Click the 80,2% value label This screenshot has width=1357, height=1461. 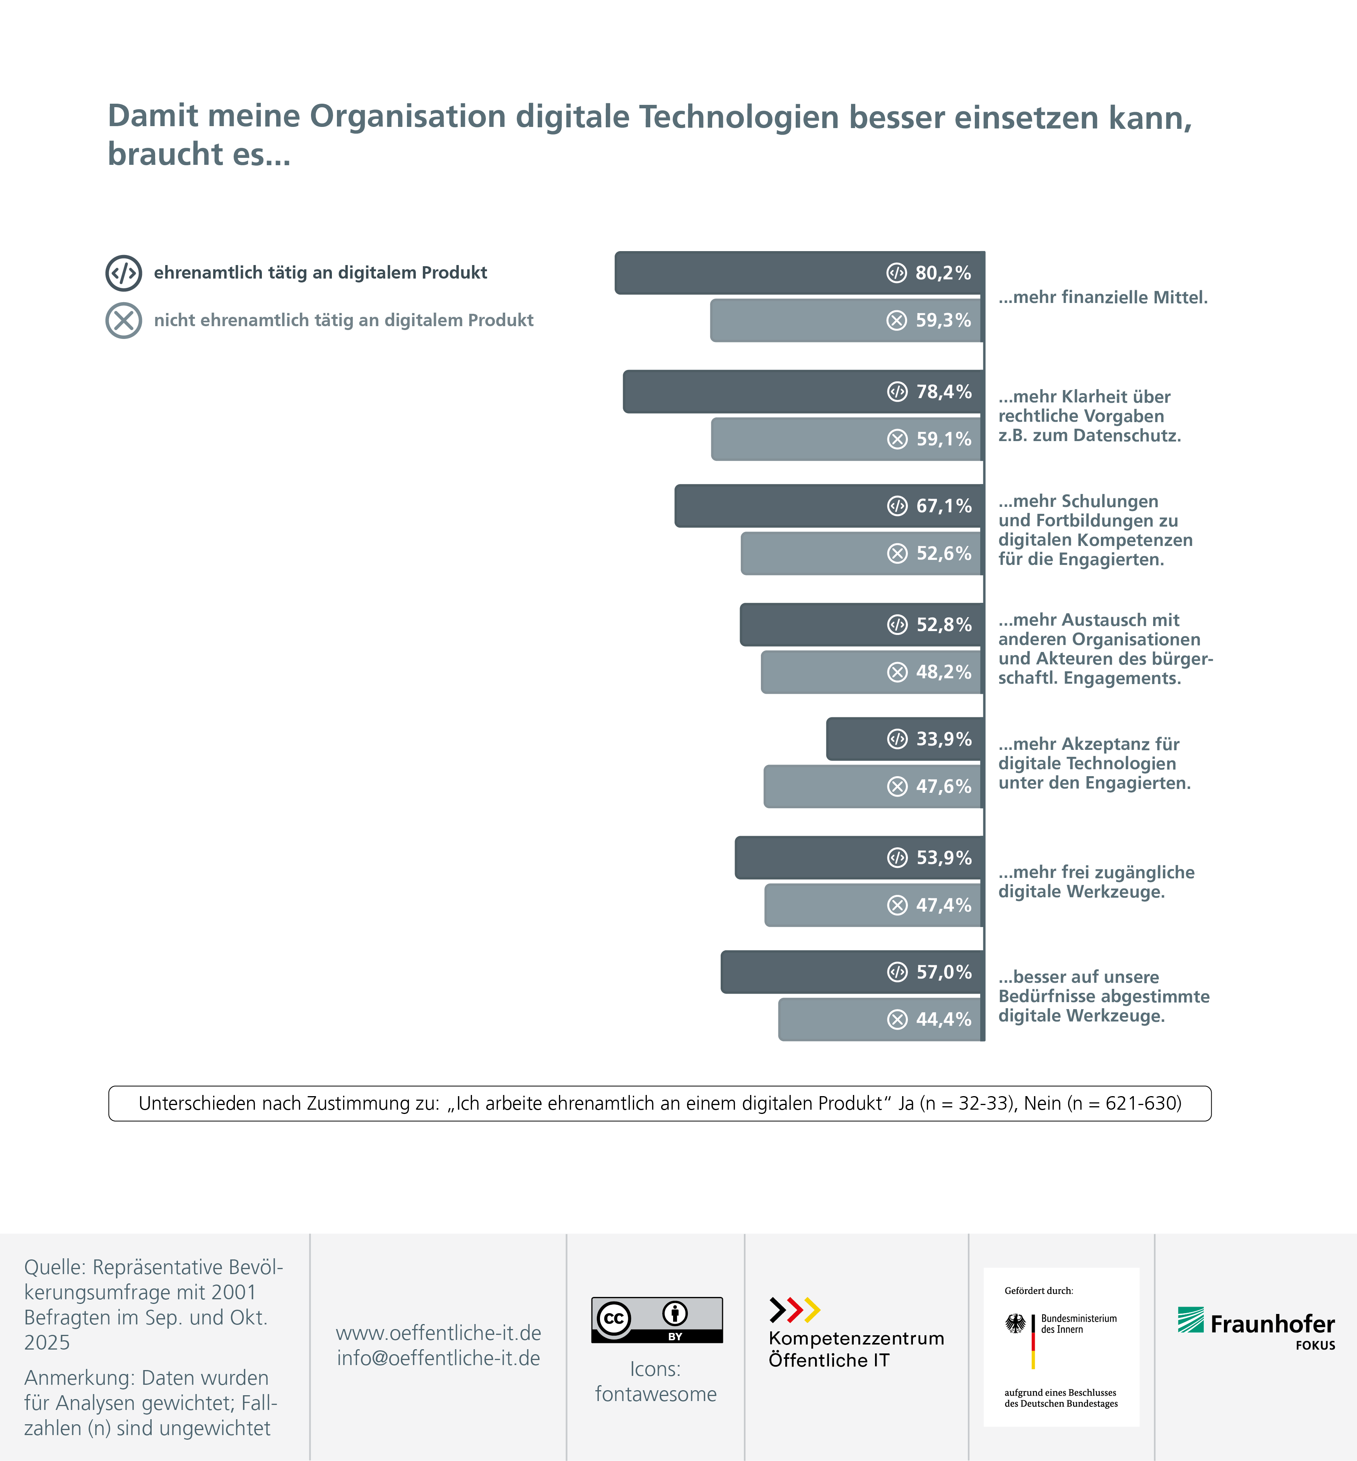pyautogui.click(x=943, y=273)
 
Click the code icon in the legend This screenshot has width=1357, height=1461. pyautogui.click(x=123, y=273)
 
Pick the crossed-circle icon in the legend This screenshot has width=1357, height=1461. pyautogui.click(x=123, y=320)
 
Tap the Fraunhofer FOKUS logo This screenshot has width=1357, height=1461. pyautogui.click(x=1256, y=1328)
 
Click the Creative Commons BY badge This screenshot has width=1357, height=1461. pyautogui.click(x=656, y=1320)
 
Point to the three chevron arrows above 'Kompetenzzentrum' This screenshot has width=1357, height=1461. pyautogui.click(x=795, y=1310)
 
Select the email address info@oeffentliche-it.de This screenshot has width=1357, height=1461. pyautogui.click(x=438, y=1358)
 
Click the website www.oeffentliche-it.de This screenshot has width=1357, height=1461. pyautogui.click(x=438, y=1333)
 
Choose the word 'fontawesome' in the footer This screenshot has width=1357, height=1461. pyautogui.click(x=656, y=1394)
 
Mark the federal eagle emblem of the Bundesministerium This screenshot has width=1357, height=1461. pyautogui.click(x=1015, y=1324)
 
